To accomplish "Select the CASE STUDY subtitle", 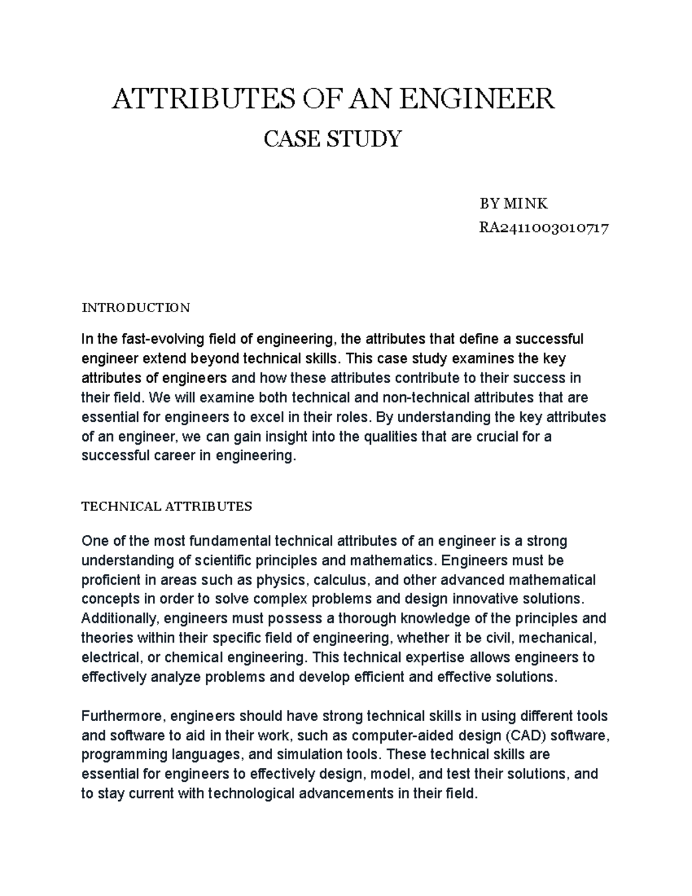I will [x=332, y=139].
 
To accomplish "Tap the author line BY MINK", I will [x=513, y=203].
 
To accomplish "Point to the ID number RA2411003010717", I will [x=544, y=228].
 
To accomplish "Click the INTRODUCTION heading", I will [x=136, y=307].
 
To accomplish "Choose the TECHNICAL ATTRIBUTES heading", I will [x=167, y=507].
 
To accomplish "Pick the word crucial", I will [x=497, y=436].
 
